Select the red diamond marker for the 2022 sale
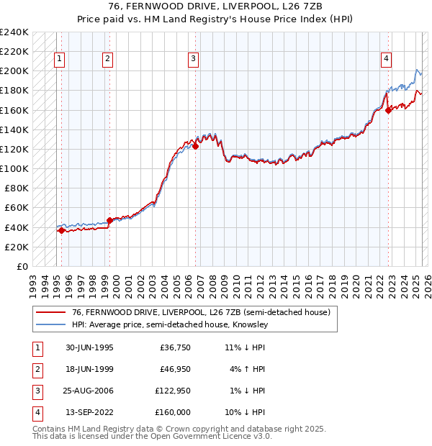pyautogui.click(x=388, y=110)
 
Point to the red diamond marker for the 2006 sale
pyautogui.click(x=195, y=146)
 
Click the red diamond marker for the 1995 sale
pyautogui.click(x=62, y=231)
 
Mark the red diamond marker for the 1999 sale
pyautogui.click(x=109, y=221)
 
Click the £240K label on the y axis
pyautogui.click(x=14, y=32)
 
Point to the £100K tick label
pyautogui.click(x=14, y=168)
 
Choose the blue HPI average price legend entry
pyautogui.click(x=169, y=324)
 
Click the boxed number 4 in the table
pyautogui.click(x=37, y=412)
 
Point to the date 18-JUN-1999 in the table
pyautogui.click(x=89, y=369)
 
